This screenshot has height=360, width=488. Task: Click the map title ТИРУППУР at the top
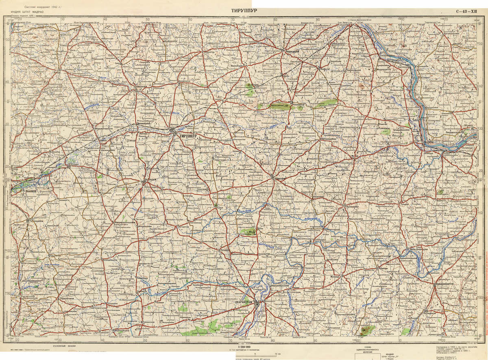point(244,11)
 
